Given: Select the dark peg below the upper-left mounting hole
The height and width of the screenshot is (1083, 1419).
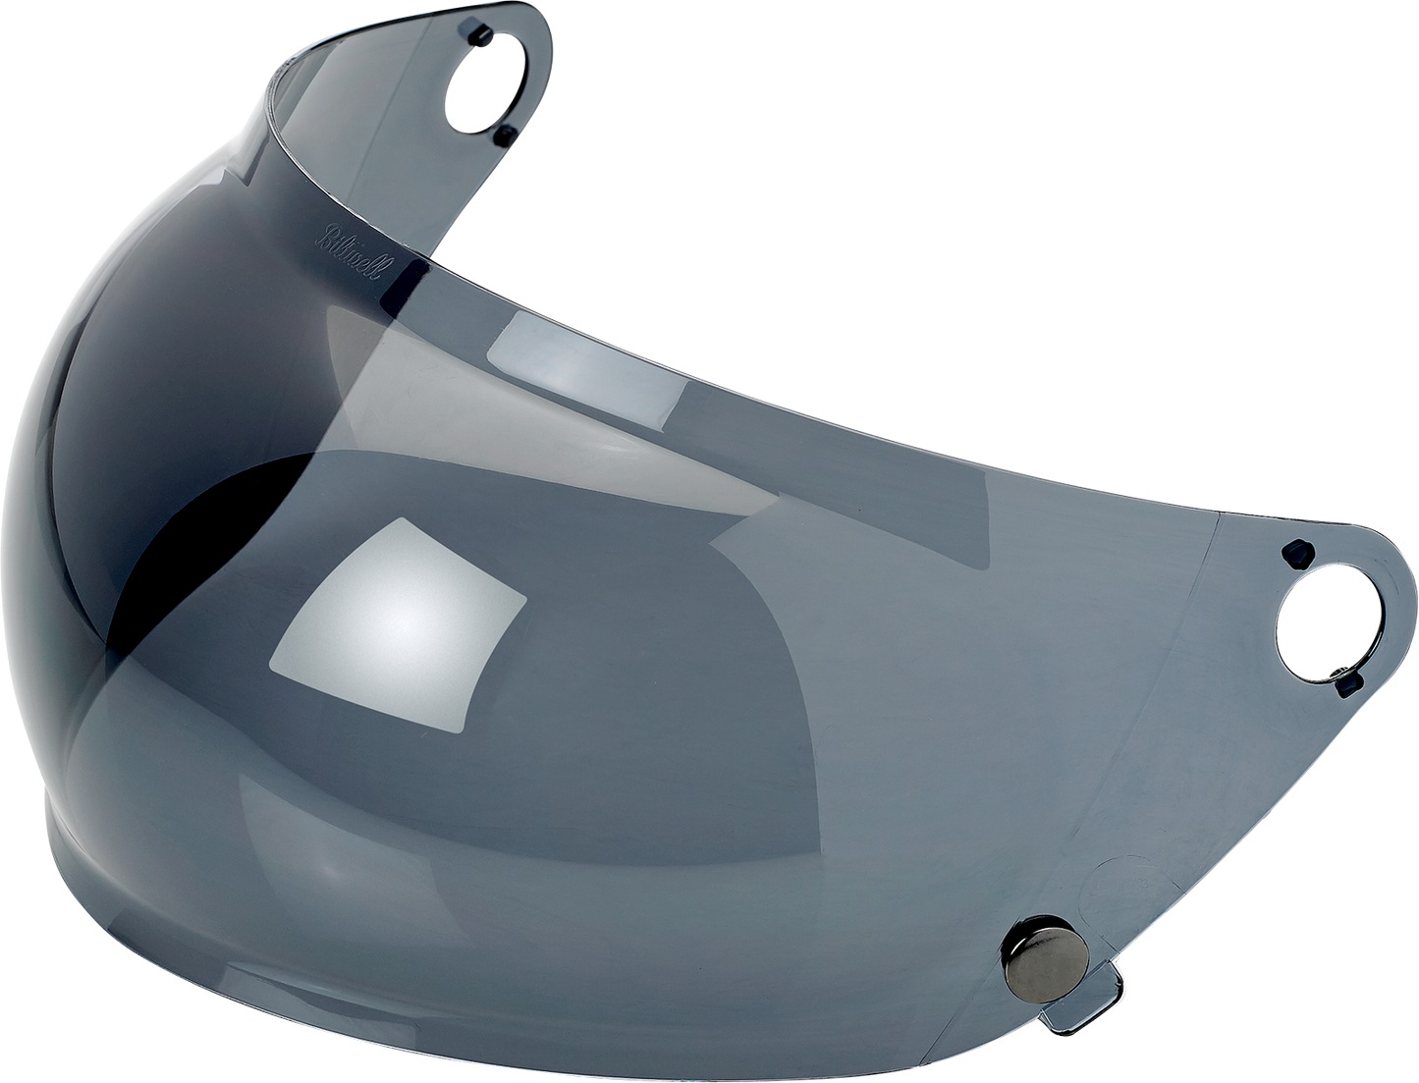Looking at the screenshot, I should point(504,132).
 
